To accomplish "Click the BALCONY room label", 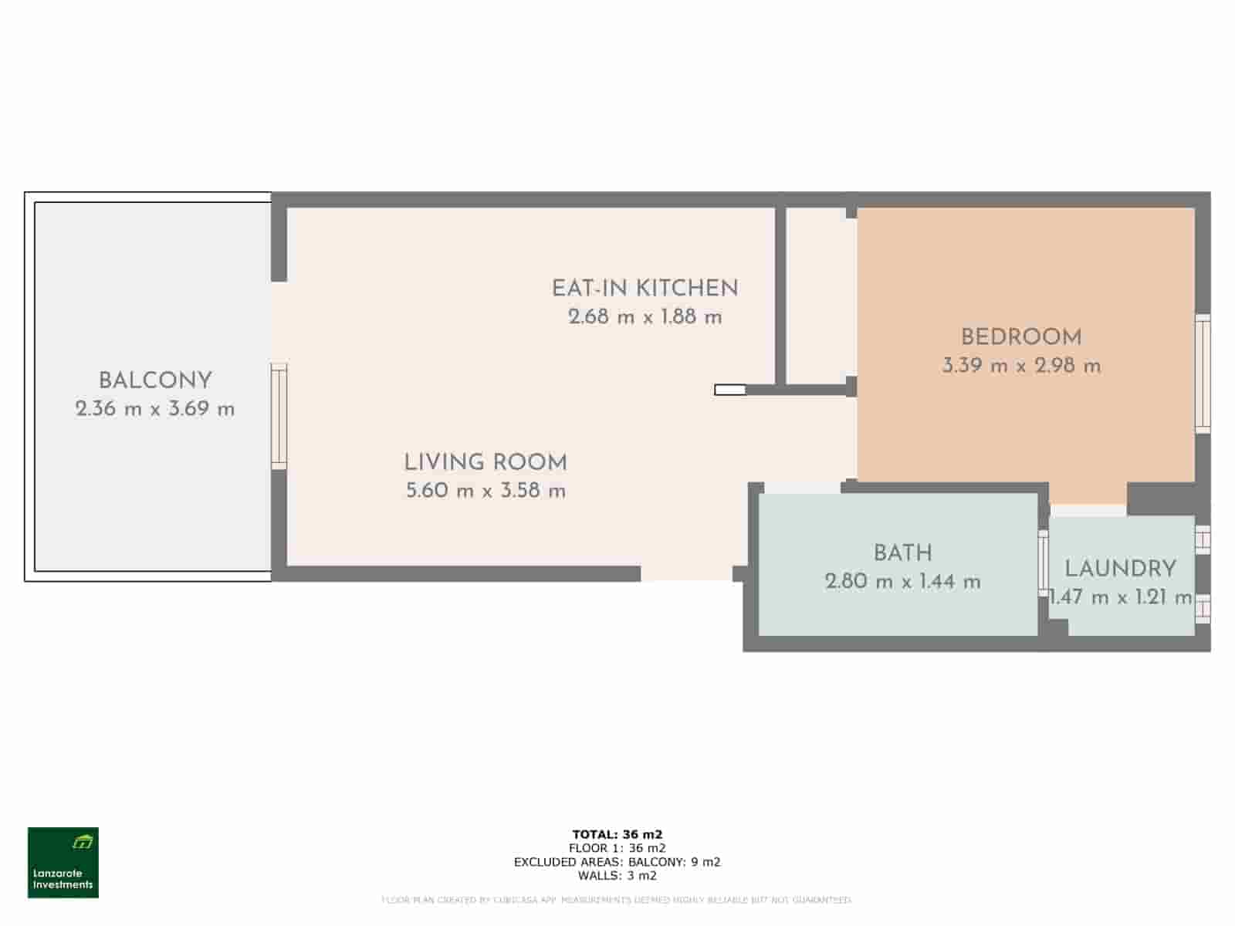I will coord(155,380).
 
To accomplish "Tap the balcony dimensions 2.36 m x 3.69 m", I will coord(155,409).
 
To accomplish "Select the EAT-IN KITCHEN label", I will coord(645,289).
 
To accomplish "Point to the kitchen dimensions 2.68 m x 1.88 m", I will coord(645,316).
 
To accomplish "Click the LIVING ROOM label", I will coord(486,462).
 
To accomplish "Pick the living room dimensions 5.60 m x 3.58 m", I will coord(486,491).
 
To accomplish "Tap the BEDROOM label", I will coord(1021,337).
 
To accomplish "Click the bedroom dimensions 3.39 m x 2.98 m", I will coord(1021,366).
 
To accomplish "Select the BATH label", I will coord(903,553).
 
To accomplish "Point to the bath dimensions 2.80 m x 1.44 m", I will coord(903,581).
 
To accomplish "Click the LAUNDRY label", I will coord(1120,569).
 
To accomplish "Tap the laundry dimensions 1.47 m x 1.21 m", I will coord(1121,597).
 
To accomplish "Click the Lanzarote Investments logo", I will coord(63,863).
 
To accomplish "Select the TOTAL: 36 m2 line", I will coord(617,834).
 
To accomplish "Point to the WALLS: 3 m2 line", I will coord(617,876).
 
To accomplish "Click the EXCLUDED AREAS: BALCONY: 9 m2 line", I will coord(617,862).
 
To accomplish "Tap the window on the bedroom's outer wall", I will coord(1203,373).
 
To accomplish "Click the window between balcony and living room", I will coord(279,416).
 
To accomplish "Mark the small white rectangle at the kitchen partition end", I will coord(730,390).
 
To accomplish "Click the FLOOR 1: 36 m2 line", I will coord(617,848).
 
